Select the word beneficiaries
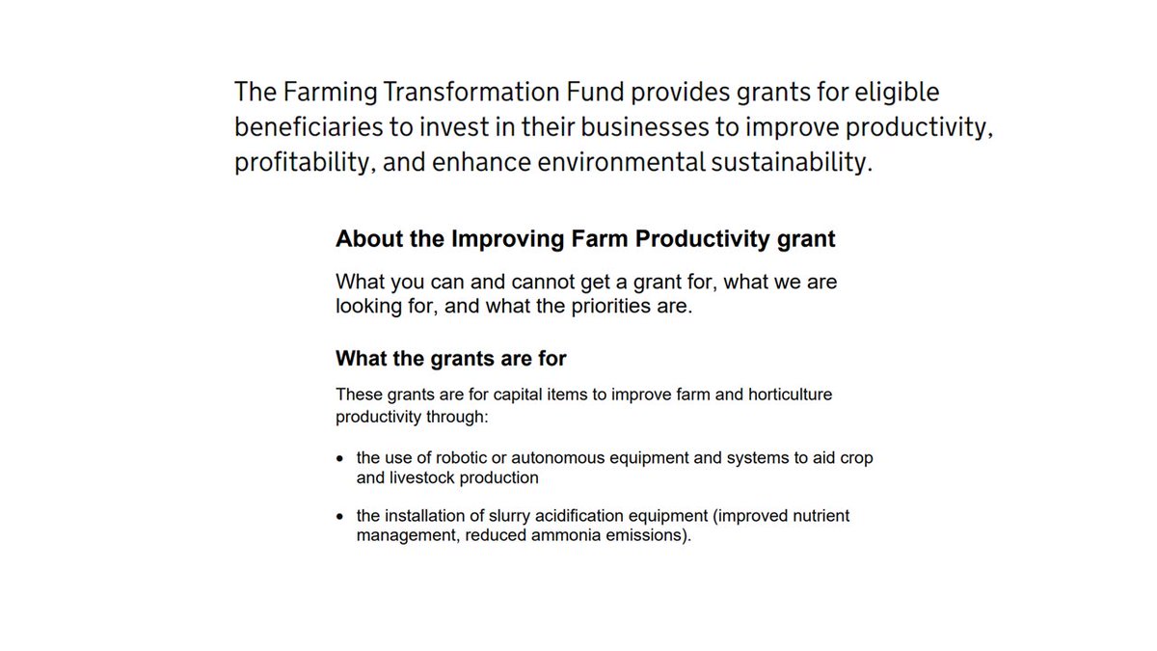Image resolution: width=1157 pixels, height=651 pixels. point(306,127)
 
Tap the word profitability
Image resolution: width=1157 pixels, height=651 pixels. point(303,162)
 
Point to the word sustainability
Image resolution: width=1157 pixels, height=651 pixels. point(792,162)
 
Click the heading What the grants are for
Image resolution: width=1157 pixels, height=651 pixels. point(450,359)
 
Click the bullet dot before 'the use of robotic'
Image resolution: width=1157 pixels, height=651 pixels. point(340,459)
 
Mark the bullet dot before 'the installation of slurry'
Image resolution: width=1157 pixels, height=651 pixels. point(340,517)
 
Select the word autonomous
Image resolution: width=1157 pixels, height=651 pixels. point(552,458)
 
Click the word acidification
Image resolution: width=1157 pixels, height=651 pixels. point(561,516)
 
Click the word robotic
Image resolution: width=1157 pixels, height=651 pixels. point(462,458)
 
